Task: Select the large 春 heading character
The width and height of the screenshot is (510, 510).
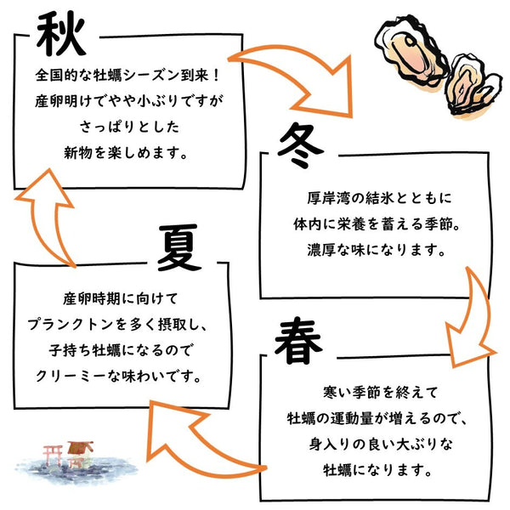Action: coord(298,341)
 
